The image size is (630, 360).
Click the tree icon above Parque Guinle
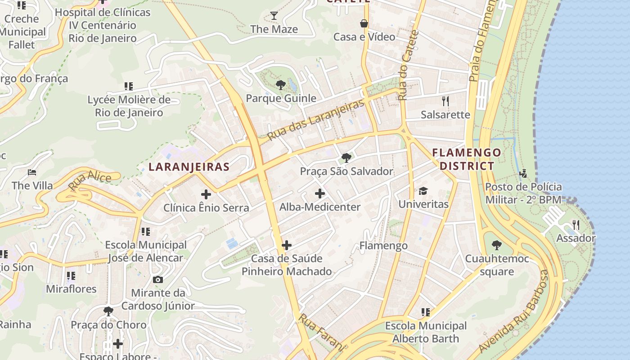(280, 85)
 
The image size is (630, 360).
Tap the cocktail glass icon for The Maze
(274, 16)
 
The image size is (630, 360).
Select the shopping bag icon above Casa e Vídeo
(364, 23)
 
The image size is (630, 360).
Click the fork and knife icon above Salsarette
(445, 101)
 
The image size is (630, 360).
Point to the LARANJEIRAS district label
(189, 166)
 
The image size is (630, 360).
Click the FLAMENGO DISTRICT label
(466, 159)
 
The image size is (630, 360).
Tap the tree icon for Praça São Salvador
(346, 157)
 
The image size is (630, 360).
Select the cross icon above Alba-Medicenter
(319, 193)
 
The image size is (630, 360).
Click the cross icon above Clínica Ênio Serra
(206, 194)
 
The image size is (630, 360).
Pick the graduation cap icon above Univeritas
(423, 191)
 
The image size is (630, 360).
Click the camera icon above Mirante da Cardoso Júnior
(157, 279)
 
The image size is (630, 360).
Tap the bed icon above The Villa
(31, 172)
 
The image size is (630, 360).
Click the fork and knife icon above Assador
(576, 225)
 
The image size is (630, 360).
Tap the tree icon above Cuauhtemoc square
(496, 245)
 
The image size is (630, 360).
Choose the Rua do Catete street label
(409, 65)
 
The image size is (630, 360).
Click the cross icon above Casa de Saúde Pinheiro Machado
(286, 245)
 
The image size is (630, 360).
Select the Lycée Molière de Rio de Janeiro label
(129, 106)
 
